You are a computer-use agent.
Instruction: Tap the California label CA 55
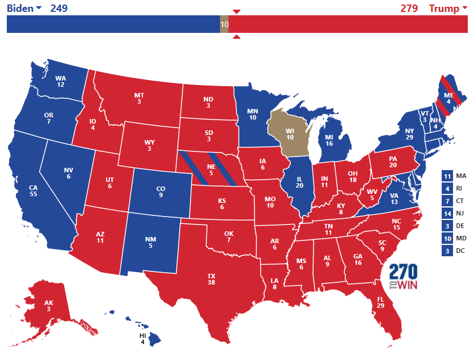(33, 190)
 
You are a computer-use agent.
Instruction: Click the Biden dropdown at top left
(24, 8)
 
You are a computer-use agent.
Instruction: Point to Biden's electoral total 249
(59, 8)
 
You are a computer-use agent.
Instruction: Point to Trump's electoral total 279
(409, 8)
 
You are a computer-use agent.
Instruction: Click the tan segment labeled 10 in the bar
(224, 24)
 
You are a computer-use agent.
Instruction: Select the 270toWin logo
(404, 277)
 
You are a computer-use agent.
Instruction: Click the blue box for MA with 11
(447, 176)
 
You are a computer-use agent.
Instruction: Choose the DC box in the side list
(447, 251)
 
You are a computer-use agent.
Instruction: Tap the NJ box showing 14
(447, 214)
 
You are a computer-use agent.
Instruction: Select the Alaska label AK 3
(49, 306)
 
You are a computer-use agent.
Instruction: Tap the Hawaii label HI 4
(143, 339)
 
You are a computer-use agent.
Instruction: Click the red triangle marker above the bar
(237, 11)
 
